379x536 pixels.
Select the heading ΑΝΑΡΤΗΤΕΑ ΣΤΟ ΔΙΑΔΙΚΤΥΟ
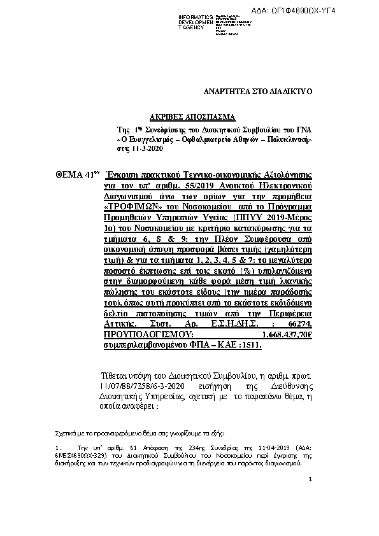pyautogui.click(x=257, y=92)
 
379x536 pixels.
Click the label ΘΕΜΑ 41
pyautogui.click(x=74, y=174)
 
